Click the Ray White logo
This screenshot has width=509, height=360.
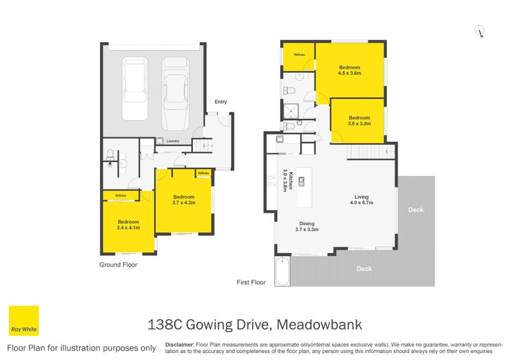coord(24,321)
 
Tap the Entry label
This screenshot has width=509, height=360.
coord(221,102)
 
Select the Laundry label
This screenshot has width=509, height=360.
coord(172,141)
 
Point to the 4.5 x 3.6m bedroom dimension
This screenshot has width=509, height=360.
coord(349,73)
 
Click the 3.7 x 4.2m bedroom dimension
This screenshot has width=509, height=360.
coord(183,204)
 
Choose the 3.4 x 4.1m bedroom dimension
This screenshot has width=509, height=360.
coord(128,227)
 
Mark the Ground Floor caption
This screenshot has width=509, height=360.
coord(118,265)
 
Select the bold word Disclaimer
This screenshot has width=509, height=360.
coord(179,343)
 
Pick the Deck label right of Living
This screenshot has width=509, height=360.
coord(415,210)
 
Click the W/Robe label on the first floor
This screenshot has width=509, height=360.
coord(299,55)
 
